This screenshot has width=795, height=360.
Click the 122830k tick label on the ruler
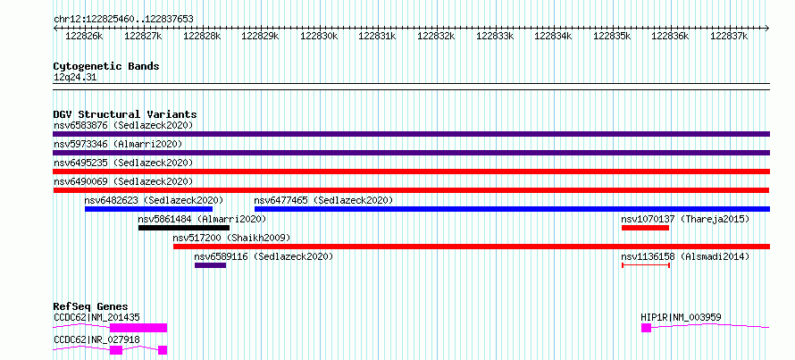point(319,36)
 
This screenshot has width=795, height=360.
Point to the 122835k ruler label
point(612,36)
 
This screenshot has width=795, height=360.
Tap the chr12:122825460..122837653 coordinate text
point(123,20)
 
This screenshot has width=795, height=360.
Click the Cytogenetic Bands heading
point(106,66)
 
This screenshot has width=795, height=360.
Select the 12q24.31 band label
point(75,78)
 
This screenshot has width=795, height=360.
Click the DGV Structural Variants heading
point(125,114)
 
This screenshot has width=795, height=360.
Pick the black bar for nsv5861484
point(184,228)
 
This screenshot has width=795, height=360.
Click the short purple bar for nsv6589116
point(211,265)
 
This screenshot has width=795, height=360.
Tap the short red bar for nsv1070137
point(646,228)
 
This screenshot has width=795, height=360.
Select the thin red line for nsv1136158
point(646,265)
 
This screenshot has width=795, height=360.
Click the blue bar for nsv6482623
point(148,209)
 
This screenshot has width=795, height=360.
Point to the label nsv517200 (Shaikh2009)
point(231,238)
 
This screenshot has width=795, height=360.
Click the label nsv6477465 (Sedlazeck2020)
point(323,200)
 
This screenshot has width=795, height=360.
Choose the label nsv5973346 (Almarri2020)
point(118,144)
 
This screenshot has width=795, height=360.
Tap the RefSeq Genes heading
point(91,306)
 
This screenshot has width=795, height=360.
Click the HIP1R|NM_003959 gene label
point(681,318)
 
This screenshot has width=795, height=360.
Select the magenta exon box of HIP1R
point(646,328)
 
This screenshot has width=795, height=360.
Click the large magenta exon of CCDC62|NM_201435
point(138,328)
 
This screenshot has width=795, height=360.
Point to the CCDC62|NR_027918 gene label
point(96,339)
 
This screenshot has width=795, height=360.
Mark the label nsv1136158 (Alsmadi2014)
point(685,256)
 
